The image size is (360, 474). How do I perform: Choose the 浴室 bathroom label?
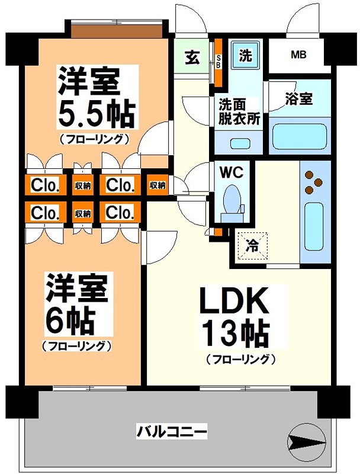point(299,98)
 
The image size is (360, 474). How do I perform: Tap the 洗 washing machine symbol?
point(245,55)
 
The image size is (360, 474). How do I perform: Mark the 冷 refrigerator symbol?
point(252,245)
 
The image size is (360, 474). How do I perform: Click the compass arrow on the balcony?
point(306,441)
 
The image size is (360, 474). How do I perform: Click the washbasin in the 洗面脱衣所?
point(240,143)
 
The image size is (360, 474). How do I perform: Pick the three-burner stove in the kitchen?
point(314,181)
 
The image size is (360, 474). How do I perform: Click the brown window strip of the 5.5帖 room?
point(117,30)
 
